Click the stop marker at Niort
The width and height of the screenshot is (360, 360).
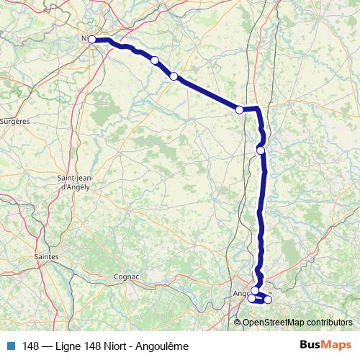pyautogui.click(x=92, y=40)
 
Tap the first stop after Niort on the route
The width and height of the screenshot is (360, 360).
pyautogui.click(x=155, y=60)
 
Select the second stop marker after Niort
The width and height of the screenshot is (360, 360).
pyautogui.click(x=174, y=76)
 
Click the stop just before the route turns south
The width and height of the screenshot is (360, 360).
pyautogui.click(x=240, y=109)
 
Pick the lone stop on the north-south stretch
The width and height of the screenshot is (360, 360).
pyautogui.click(x=261, y=150)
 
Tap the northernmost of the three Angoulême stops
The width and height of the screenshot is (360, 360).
pyautogui.click(x=255, y=291)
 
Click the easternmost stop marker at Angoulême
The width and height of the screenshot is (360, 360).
pyautogui.click(x=268, y=300)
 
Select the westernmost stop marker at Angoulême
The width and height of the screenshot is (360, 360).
pyautogui.click(x=251, y=299)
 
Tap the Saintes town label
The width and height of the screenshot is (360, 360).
pyautogui.click(x=47, y=256)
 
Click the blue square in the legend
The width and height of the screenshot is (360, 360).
pyautogui.click(x=11, y=346)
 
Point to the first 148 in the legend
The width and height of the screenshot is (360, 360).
pyautogui.click(x=30, y=346)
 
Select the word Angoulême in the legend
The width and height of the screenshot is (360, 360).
pyautogui.click(x=165, y=346)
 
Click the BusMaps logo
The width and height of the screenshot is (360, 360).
pyautogui.click(x=325, y=346)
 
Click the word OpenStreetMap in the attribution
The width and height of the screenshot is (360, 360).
pyautogui.click(x=270, y=322)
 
